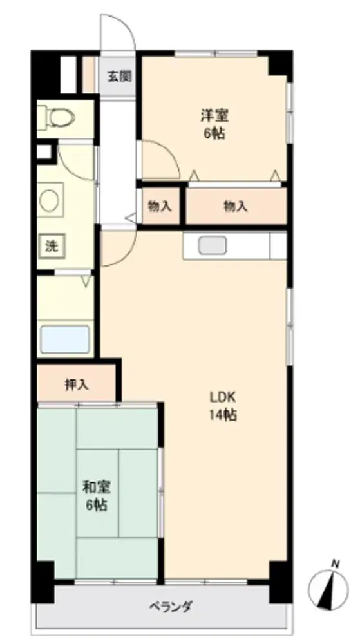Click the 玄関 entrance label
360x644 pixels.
[x=119, y=77]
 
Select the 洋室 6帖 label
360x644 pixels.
[x=214, y=124]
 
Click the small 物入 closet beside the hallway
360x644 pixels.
[x=160, y=207]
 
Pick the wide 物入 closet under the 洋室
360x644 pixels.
[x=236, y=207]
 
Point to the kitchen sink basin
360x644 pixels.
[x=213, y=245]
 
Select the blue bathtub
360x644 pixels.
[x=65, y=339]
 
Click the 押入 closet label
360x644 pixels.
[x=77, y=384]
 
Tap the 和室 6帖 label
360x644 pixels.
[x=97, y=495]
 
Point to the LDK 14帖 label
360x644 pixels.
[x=223, y=406]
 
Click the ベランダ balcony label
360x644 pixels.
[x=171, y=606]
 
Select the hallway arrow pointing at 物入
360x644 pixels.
[x=132, y=218]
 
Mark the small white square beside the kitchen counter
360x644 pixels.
[x=278, y=245]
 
